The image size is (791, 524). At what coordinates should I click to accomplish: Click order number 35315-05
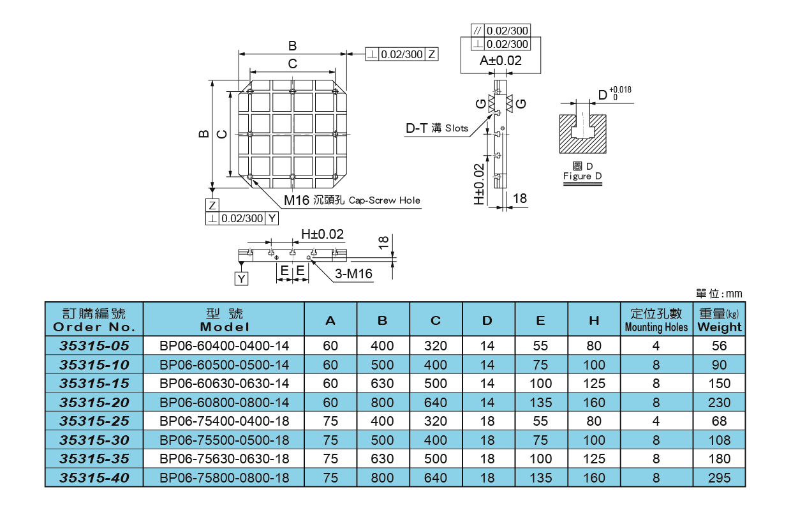tap(94, 346)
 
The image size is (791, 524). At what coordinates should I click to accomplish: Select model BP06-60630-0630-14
tap(224, 384)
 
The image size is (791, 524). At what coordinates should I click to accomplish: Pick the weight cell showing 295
tap(720, 477)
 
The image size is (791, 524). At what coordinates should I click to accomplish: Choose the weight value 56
tap(720, 346)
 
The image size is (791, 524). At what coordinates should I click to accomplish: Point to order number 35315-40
tap(94, 477)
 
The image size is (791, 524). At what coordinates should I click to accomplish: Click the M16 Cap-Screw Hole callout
tap(352, 200)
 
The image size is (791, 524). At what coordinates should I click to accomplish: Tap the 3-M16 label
tap(353, 274)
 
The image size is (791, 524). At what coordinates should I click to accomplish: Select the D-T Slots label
tap(437, 128)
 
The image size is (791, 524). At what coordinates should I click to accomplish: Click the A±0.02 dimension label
tap(501, 61)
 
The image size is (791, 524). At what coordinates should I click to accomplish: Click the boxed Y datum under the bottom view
tap(241, 279)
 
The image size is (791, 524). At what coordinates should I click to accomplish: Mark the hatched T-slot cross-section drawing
tap(582, 133)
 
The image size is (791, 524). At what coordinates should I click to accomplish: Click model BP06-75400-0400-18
tap(224, 421)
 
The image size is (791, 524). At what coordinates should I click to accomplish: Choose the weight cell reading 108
tap(720, 440)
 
